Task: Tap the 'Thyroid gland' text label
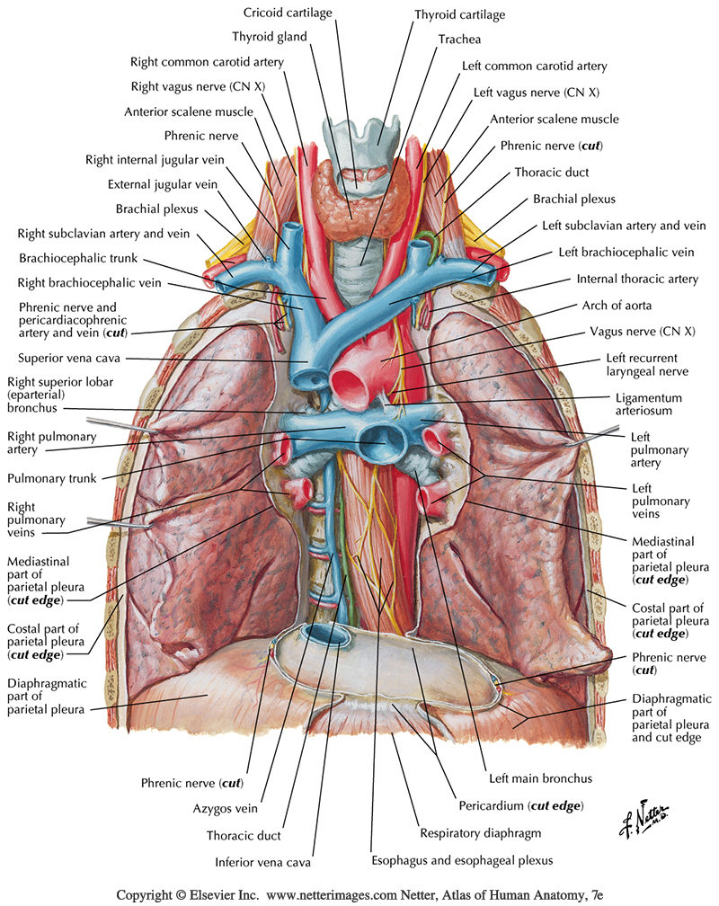(x=270, y=37)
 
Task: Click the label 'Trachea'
(x=457, y=40)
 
